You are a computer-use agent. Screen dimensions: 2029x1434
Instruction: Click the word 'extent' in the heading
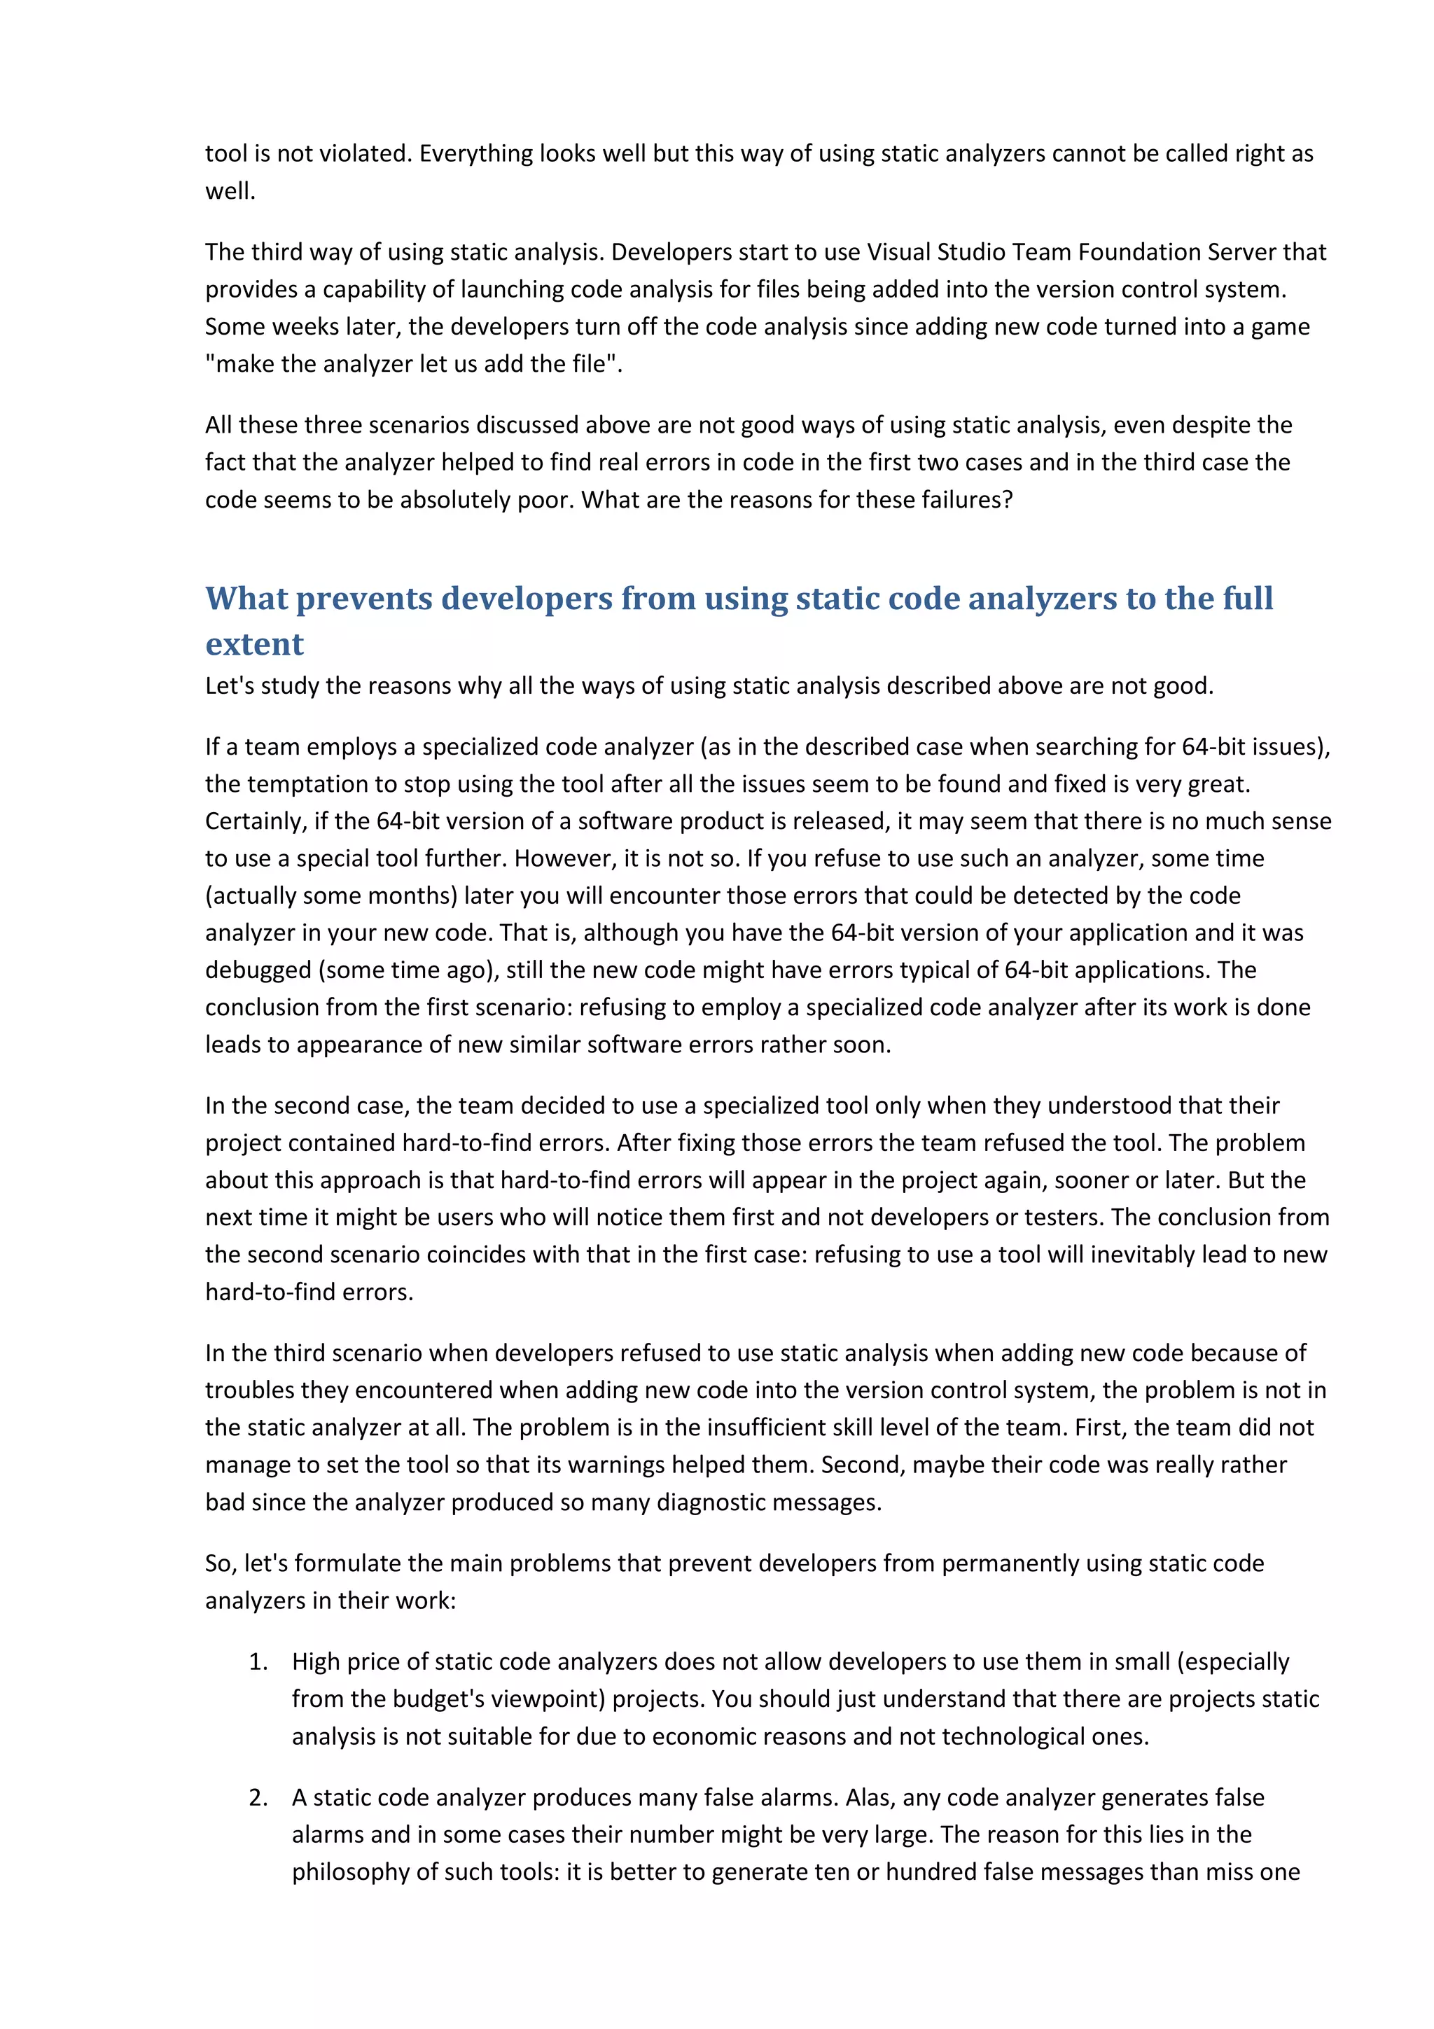[254, 644]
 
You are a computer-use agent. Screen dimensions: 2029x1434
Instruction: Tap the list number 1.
[258, 1661]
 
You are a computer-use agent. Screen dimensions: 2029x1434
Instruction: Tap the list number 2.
[258, 1797]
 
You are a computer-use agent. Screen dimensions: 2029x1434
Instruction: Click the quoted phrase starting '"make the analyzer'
[414, 363]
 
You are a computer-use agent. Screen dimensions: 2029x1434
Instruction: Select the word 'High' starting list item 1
[315, 1661]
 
